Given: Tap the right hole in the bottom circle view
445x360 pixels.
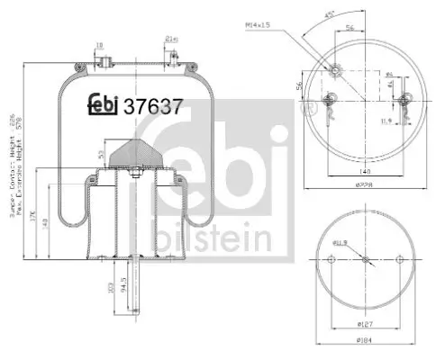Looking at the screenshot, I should click(x=398, y=260).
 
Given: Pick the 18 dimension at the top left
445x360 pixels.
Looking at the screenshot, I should click(x=99, y=42).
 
